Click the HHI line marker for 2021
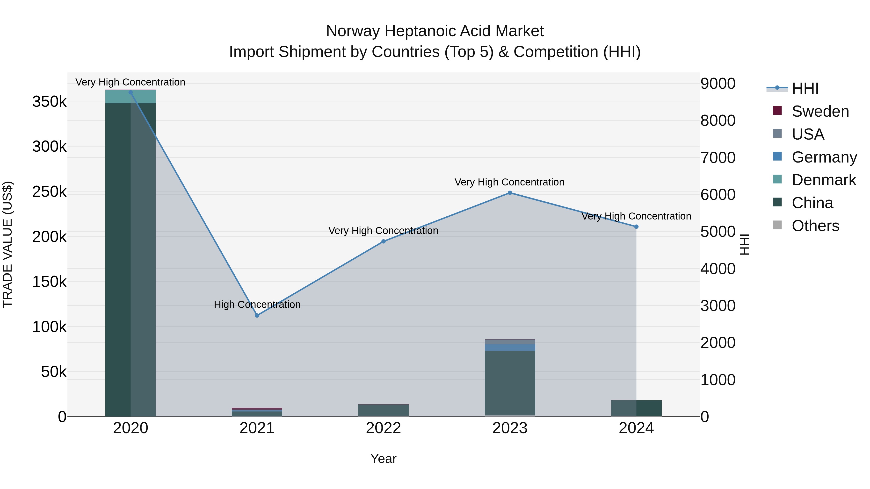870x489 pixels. click(x=257, y=316)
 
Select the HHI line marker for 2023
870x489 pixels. click(x=510, y=193)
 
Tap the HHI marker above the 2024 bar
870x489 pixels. click(x=636, y=227)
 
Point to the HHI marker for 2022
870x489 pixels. click(x=383, y=242)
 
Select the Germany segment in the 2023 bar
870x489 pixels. click(x=510, y=347)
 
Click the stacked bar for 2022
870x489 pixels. click(x=383, y=410)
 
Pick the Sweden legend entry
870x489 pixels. click(x=820, y=111)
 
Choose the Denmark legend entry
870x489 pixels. click(x=823, y=180)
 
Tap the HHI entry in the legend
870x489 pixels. click(x=805, y=88)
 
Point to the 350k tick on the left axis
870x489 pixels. click(x=49, y=102)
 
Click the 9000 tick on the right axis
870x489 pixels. click(x=718, y=84)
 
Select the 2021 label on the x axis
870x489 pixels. click(x=257, y=428)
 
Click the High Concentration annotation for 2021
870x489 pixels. click(x=257, y=305)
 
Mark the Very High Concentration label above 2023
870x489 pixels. click(x=509, y=182)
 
